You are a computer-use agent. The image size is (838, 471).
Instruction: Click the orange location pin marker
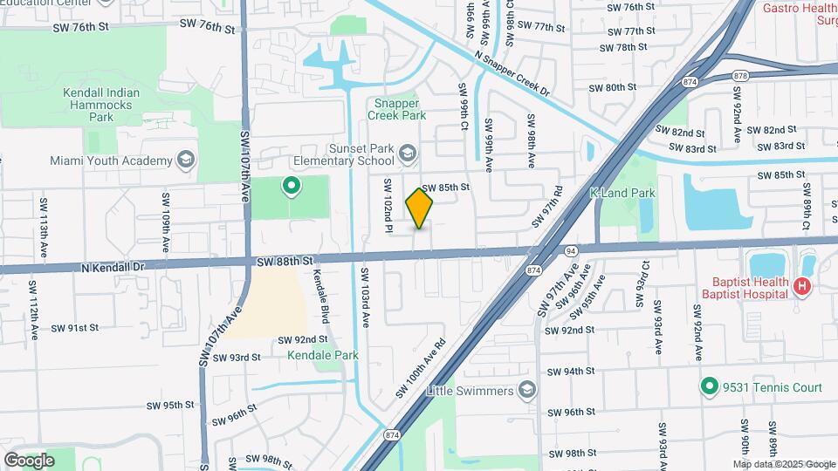click(420, 208)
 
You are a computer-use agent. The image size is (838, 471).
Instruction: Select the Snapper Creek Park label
click(396, 108)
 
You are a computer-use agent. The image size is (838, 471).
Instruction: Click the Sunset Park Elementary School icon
click(407, 155)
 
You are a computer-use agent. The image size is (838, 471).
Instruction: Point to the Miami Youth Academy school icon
click(185, 160)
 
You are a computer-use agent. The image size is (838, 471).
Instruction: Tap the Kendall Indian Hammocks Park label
click(100, 105)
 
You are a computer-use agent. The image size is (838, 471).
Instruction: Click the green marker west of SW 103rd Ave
click(291, 186)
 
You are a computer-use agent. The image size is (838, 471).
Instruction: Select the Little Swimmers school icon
click(526, 390)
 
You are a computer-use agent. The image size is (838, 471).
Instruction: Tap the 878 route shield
click(741, 76)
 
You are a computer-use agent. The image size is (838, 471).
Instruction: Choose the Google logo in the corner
click(29, 460)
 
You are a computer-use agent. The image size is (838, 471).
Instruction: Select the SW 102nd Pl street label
click(387, 206)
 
